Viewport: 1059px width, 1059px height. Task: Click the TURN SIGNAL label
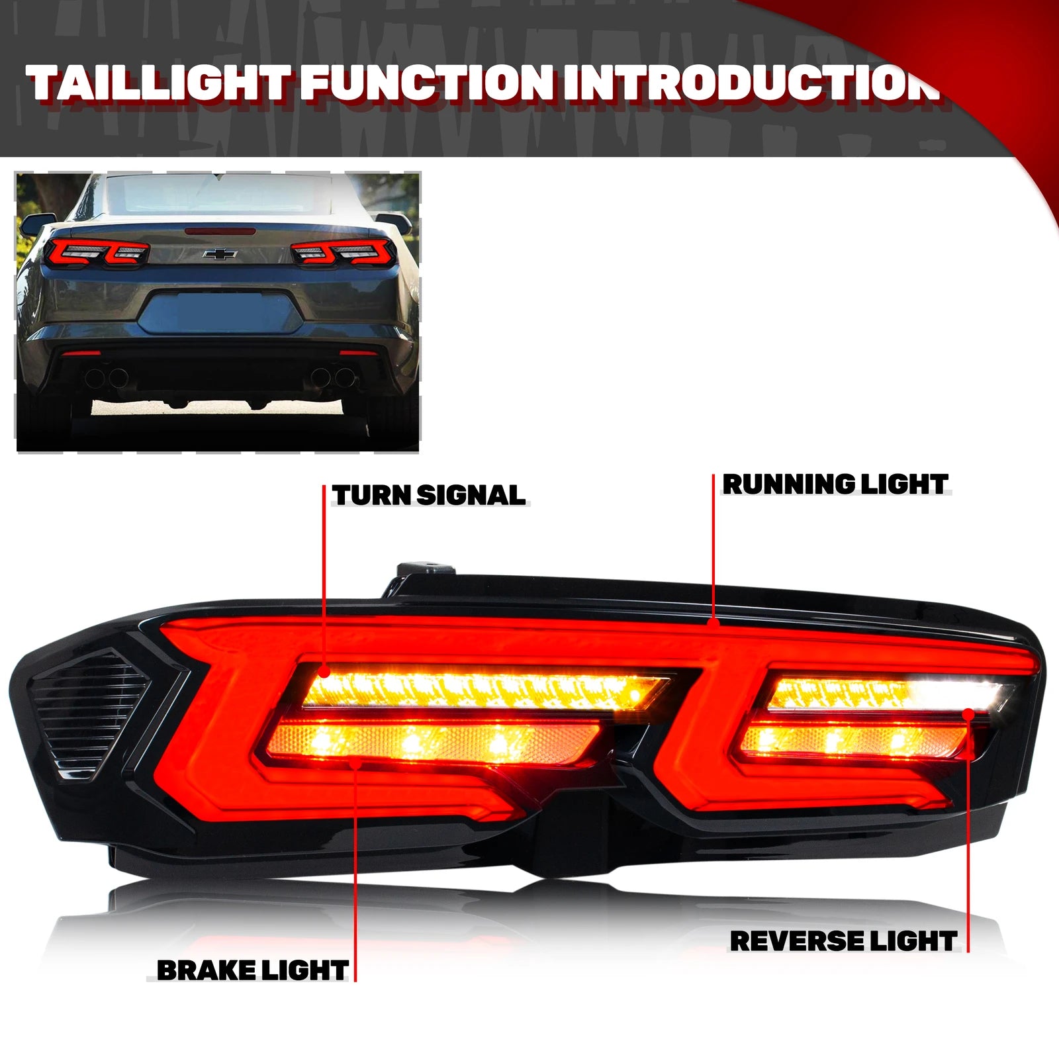pyautogui.click(x=429, y=495)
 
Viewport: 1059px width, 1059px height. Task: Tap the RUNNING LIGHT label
pyautogui.click(x=835, y=484)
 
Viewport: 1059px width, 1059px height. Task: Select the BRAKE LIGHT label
pyautogui.click(x=252, y=970)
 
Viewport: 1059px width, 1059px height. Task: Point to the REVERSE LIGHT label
pyautogui.click(x=843, y=941)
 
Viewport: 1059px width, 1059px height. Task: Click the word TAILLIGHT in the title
pyautogui.click(x=159, y=83)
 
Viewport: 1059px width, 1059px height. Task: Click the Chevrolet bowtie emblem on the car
pyautogui.click(x=220, y=253)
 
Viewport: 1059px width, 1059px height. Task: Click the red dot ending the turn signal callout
pyautogui.click(x=324, y=672)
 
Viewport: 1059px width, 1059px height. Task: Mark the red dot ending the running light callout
pyautogui.click(x=713, y=622)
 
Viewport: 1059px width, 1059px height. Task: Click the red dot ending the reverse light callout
pyautogui.click(x=968, y=713)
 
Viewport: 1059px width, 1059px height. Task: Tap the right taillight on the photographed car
pyautogui.click(x=344, y=252)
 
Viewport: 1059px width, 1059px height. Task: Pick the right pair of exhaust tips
pyautogui.click(x=335, y=377)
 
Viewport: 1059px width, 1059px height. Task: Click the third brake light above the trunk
pyautogui.click(x=219, y=230)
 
